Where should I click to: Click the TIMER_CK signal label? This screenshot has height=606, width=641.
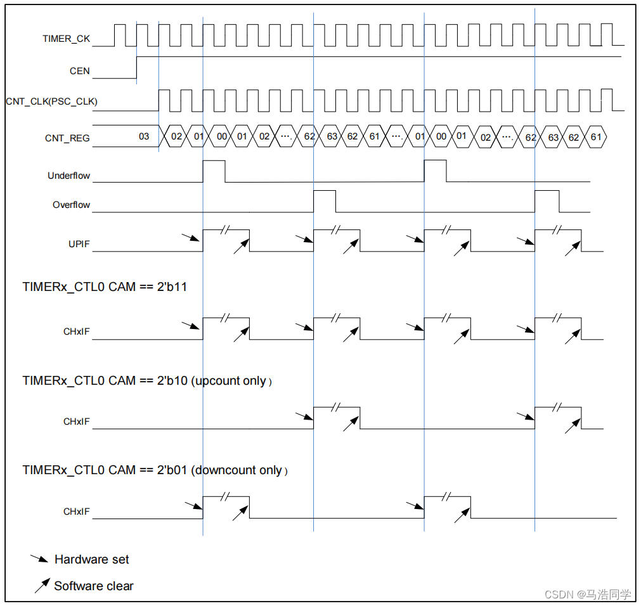coord(66,39)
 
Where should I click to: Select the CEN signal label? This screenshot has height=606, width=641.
coord(80,71)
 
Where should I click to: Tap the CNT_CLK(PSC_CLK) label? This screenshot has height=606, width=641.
coord(51,101)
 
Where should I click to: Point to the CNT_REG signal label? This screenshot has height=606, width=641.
coord(67,137)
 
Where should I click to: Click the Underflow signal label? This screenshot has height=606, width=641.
coord(68,176)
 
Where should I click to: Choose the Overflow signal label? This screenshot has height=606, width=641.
coord(71,205)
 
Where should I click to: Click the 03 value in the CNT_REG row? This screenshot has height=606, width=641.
coord(144,136)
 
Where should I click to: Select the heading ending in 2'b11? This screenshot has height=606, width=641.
coord(105,287)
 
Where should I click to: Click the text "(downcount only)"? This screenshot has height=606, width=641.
coord(240,470)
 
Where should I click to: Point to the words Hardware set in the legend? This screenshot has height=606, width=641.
coord(91,560)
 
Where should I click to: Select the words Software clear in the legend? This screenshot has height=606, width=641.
coord(94,586)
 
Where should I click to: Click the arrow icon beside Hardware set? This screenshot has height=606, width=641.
coord(39,559)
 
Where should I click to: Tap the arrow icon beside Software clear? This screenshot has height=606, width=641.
coord(42,586)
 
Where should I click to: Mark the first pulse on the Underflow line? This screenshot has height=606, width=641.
coord(214,171)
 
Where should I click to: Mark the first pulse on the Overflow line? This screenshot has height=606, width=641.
coord(325,200)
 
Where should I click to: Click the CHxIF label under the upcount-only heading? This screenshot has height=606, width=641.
coord(77,422)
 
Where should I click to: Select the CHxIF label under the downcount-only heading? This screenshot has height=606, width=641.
coord(77,511)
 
